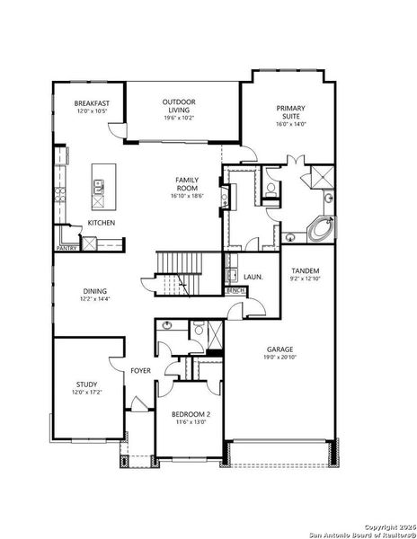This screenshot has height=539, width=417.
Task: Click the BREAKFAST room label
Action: pos(92,104)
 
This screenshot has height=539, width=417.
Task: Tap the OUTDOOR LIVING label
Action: pos(180,102)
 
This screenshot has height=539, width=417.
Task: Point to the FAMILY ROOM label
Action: pos(187,185)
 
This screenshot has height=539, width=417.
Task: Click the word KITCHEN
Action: pos(101,225)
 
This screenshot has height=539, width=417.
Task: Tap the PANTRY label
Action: pos(67,247)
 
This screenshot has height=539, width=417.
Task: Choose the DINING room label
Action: pos(95,291)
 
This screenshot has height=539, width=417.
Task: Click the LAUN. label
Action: pos(253,278)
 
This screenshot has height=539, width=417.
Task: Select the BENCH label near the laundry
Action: pos(235,292)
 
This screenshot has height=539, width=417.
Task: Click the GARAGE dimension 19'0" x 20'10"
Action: pos(279,357)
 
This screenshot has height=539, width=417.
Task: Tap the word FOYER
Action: pos(140,370)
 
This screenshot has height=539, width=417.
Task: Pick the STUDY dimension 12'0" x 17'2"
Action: pos(86,393)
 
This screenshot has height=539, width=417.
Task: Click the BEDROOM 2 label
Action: pos(191,413)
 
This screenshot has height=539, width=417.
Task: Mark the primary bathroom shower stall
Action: pos(321,177)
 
